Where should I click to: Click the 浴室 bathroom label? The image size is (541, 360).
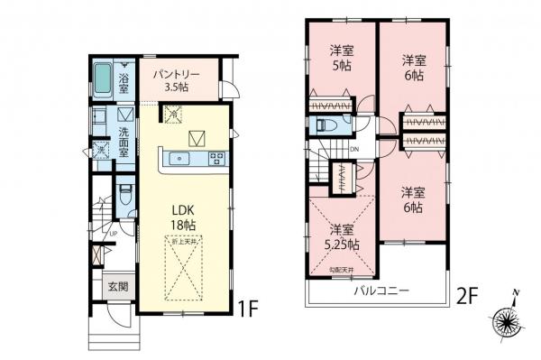pyautogui.click(x=124, y=82)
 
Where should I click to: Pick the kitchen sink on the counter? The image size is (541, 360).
pyautogui.click(x=180, y=159)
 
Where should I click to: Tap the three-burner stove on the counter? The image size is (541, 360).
pyautogui.click(x=216, y=159)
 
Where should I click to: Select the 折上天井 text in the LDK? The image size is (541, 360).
pyautogui.click(x=183, y=244)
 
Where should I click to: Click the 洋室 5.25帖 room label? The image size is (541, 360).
pyautogui.click(x=342, y=236)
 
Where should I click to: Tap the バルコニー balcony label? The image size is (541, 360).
pyautogui.click(x=381, y=292)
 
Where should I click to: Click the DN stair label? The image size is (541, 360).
pyautogui.click(x=354, y=150)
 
